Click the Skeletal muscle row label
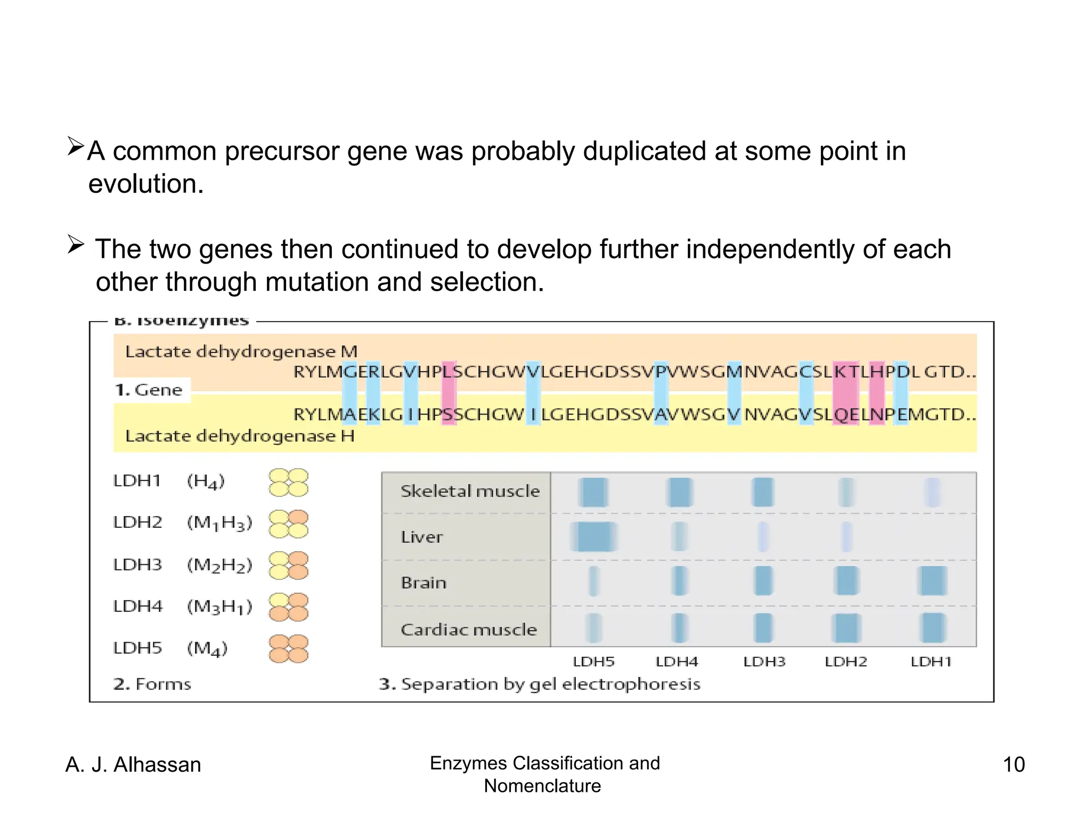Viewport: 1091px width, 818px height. (469, 491)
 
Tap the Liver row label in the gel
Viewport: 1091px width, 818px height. (421, 537)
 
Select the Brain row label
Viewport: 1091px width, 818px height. (424, 583)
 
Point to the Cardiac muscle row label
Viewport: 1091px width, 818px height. (468, 629)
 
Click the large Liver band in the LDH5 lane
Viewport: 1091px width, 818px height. (594, 537)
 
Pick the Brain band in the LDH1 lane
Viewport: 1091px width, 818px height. (932, 580)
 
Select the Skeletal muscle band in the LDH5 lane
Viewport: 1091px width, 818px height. (593, 492)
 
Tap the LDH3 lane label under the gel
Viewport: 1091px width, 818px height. (764, 662)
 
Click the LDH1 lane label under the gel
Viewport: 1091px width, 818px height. (931, 662)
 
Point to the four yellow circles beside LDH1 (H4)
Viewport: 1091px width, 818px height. (288, 482)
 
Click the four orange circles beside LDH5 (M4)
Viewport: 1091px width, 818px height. (288, 649)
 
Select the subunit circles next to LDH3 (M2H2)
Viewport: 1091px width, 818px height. (288, 566)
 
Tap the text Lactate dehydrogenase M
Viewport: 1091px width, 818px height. (241, 351)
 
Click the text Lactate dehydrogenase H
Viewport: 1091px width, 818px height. (240, 436)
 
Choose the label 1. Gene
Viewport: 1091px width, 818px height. (149, 390)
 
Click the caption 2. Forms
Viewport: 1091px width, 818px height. (152, 684)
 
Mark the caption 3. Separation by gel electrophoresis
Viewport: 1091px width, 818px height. (539, 684)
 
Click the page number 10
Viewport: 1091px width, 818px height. (1013, 764)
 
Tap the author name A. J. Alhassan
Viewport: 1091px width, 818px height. (133, 764)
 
